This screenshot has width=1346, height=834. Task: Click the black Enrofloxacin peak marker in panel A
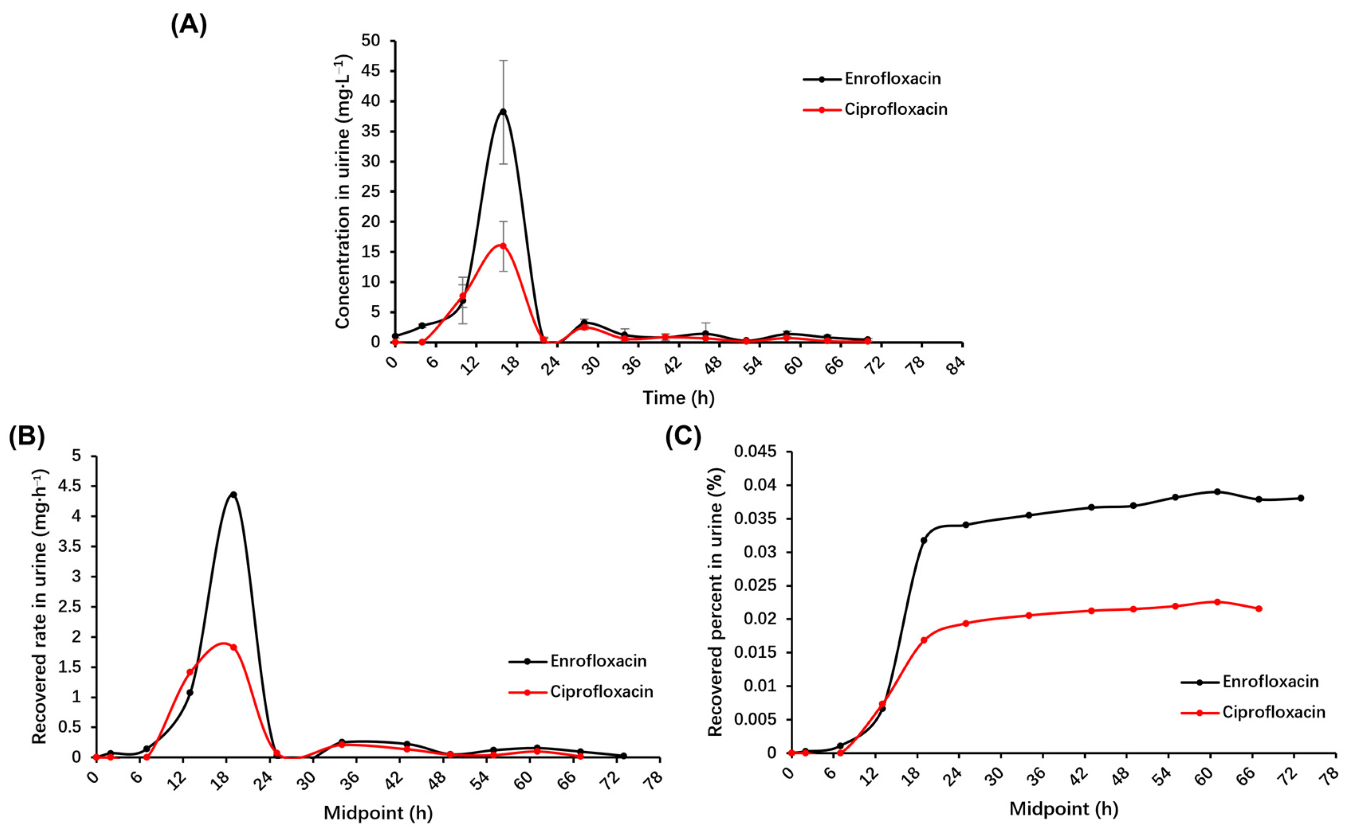pos(503,112)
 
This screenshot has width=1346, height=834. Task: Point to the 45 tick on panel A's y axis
pos(371,71)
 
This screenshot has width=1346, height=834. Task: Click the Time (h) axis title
pos(678,398)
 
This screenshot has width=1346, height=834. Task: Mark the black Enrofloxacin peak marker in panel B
pos(234,495)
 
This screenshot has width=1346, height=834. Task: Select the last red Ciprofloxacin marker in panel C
pos(1259,608)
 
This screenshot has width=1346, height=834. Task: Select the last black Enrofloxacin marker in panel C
pos(1301,498)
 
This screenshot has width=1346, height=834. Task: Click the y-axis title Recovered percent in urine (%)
pos(715,602)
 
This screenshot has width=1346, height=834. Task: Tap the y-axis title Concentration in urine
pos(343,191)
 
